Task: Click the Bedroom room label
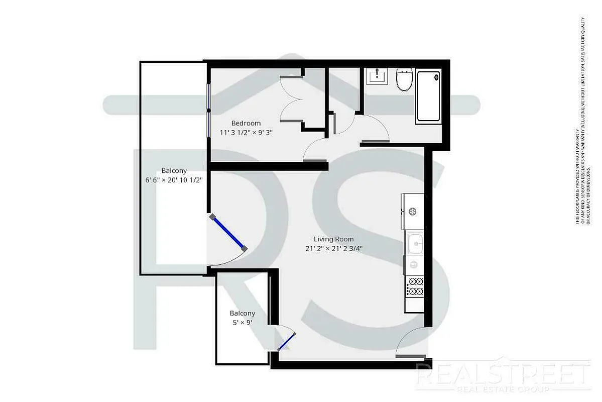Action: (x=246, y=123)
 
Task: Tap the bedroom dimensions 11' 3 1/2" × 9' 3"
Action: (x=246, y=132)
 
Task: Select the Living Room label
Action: (x=334, y=239)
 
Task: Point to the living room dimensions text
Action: (x=334, y=248)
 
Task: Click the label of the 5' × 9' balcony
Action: (x=243, y=313)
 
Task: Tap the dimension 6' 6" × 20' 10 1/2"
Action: (x=174, y=180)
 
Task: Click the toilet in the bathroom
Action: (x=404, y=80)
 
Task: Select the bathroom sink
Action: (x=376, y=77)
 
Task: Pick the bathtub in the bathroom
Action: (x=429, y=96)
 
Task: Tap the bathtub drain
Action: (x=436, y=77)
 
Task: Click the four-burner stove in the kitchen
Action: (x=415, y=286)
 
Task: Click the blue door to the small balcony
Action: (x=286, y=341)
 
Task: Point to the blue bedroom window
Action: (x=208, y=110)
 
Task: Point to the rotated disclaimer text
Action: (x=581, y=121)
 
